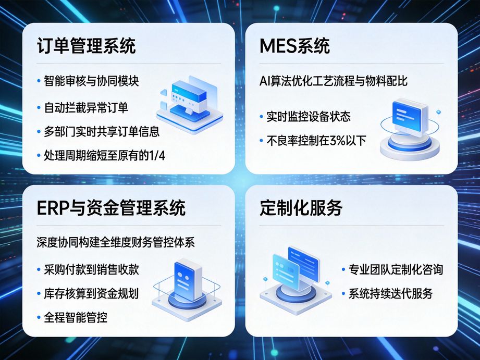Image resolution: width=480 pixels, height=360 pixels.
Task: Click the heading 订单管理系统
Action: coord(87,46)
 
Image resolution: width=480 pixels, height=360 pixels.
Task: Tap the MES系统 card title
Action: coord(294,46)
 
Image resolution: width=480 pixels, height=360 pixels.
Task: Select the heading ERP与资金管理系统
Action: coord(112,208)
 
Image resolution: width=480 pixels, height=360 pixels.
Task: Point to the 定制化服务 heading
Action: coord(301,208)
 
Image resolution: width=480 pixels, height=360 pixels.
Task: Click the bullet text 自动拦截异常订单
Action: coord(86,108)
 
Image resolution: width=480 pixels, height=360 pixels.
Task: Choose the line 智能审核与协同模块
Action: coord(91,81)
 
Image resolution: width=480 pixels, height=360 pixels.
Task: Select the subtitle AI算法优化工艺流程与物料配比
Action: coord(333,81)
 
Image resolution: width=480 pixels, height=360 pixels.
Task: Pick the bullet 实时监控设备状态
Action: coord(308,116)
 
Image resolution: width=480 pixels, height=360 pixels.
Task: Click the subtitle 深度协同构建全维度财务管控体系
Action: coord(116,243)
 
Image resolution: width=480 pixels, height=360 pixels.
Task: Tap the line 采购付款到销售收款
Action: coord(91,270)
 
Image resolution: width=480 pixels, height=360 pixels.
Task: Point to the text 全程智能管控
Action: coord(76,316)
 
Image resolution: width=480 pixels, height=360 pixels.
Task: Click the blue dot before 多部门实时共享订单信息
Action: coord(39,132)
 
